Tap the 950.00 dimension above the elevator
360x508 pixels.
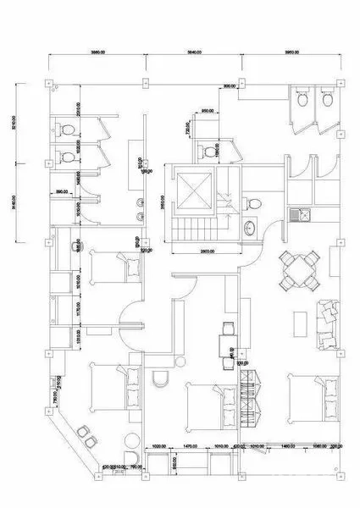coord(206,111)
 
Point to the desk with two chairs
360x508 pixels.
coord(226,343)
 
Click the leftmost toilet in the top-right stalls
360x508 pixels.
coord(302,99)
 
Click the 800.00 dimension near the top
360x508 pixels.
coord(229,86)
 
